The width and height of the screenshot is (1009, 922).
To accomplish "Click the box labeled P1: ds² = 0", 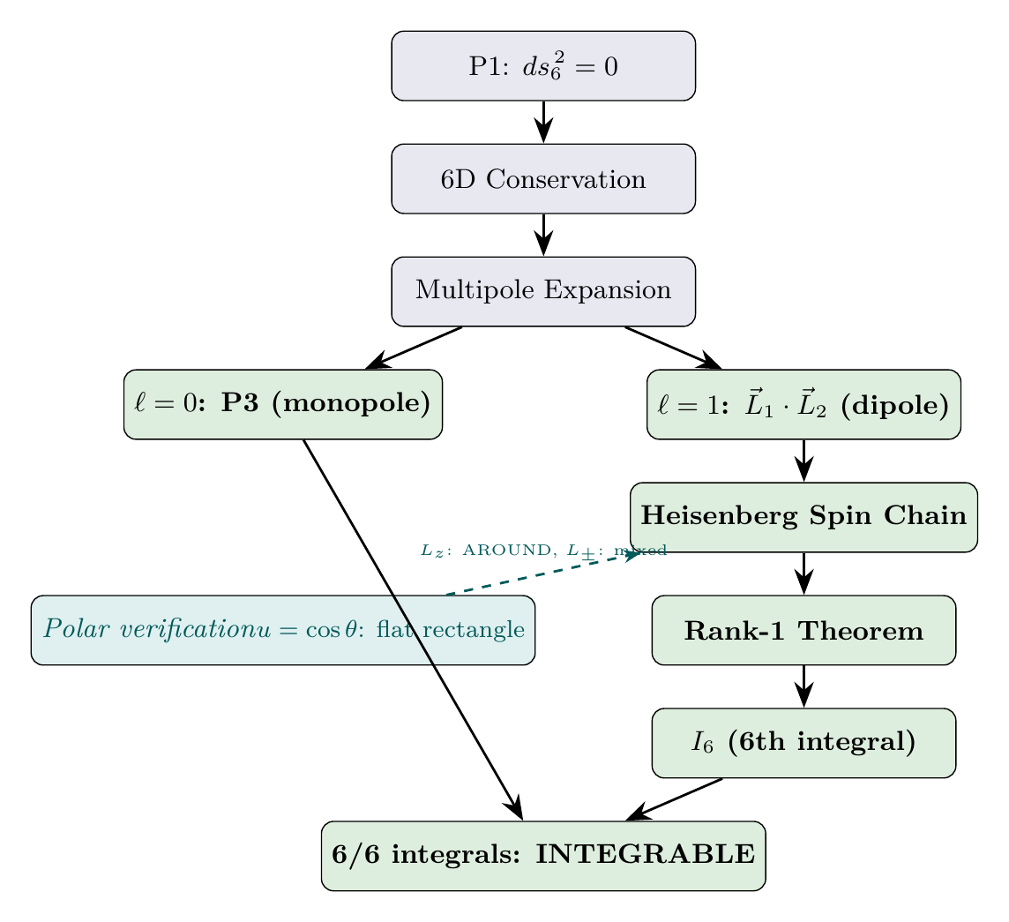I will click(543, 66).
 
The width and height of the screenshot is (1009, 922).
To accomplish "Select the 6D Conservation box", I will click(543, 179).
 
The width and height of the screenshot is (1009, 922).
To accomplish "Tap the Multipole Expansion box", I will click(543, 291).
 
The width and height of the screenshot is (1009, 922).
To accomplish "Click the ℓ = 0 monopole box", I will click(282, 404).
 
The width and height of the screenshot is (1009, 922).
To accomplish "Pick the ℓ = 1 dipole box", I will click(803, 404).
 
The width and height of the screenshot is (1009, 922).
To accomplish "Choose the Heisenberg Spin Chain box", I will click(803, 517).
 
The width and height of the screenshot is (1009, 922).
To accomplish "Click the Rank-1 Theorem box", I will click(803, 630).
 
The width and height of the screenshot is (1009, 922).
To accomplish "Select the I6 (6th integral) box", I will click(803, 743).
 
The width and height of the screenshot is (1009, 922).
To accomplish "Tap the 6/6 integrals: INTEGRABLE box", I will click(543, 856).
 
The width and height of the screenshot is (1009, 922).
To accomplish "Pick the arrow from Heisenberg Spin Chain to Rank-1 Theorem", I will click(803, 573).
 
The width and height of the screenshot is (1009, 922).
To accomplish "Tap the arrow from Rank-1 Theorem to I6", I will click(803, 686).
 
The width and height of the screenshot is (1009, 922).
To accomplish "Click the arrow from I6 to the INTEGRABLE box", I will click(675, 799).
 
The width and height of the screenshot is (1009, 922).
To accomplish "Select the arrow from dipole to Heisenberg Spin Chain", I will click(803, 460).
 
